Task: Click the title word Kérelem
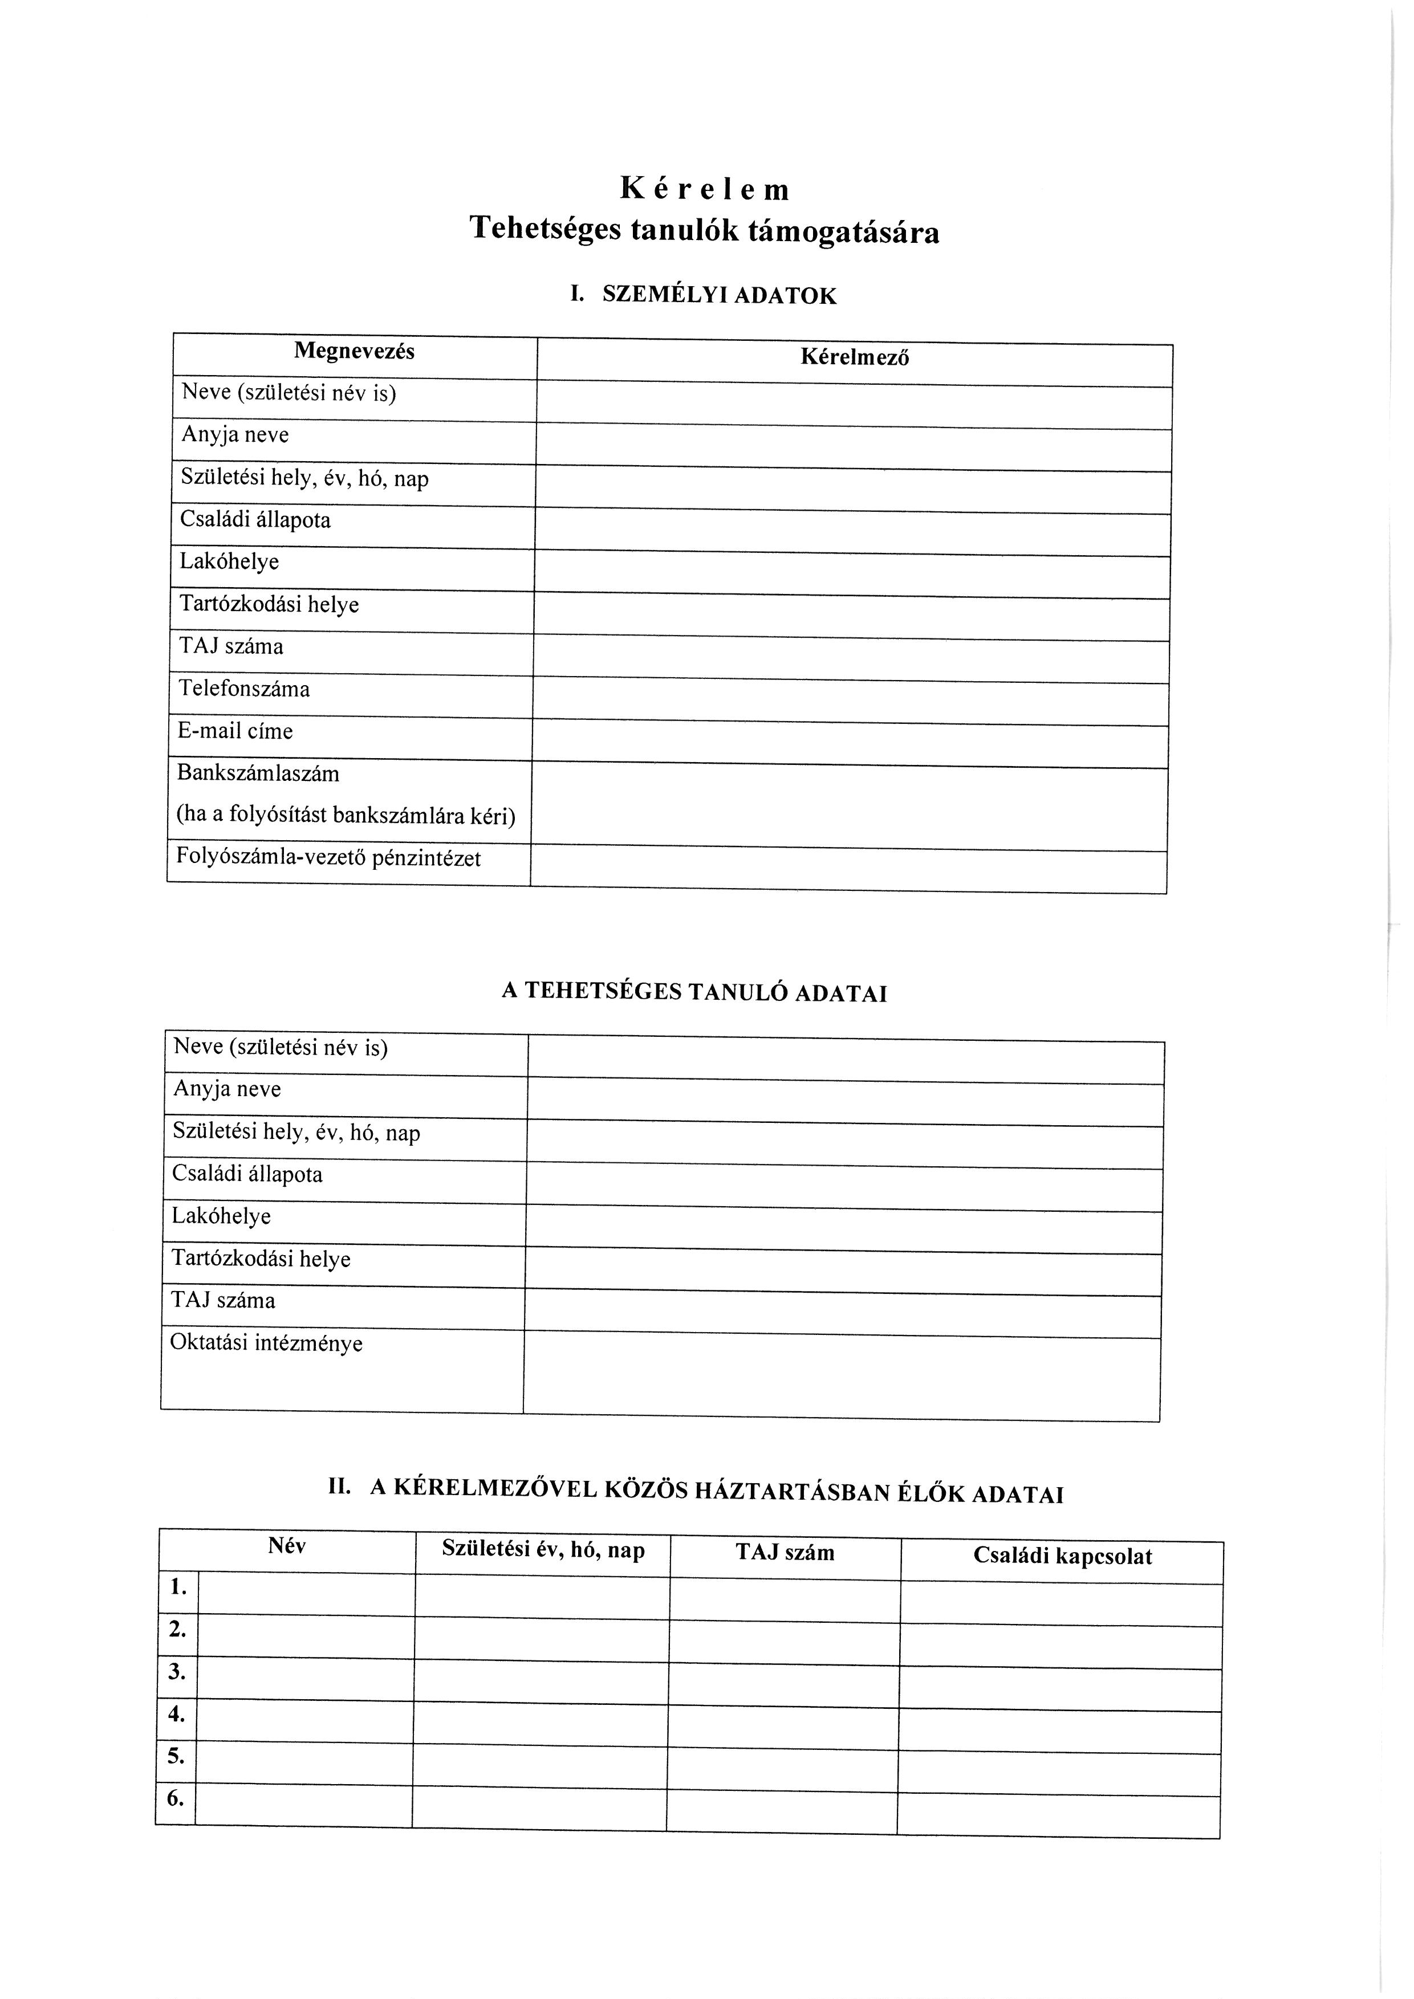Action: (x=705, y=189)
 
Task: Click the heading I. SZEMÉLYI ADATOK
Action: (x=704, y=295)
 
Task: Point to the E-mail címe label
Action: (x=236, y=731)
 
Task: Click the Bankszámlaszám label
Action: (x=259, y=773)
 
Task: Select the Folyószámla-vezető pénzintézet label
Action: (x=328, y=858)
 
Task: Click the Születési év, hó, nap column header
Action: (x=543, y=1550)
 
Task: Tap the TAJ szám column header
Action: (x=785, y=1552)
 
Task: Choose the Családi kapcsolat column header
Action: (x=1062, y=1556)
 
